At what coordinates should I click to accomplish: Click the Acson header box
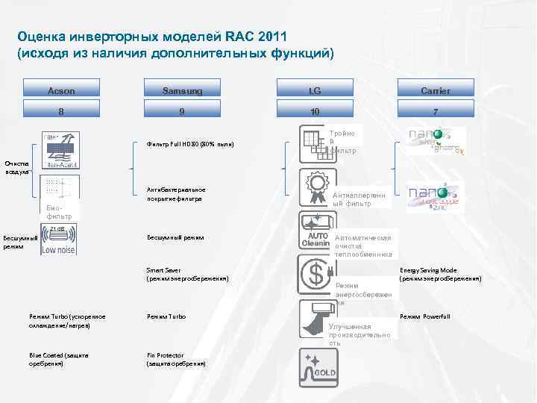[61, 90]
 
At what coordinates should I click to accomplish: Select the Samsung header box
[182, 90]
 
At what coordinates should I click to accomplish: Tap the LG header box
[315, 90]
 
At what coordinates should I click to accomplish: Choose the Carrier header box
[435, 90]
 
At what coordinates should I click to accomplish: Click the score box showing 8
[61, 111]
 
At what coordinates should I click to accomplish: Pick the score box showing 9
[182, 111]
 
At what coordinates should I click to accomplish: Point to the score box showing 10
[315, 111]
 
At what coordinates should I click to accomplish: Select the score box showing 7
[435, 111]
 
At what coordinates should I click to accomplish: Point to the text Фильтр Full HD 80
[189, 144]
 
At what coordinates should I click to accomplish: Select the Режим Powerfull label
[424, 316]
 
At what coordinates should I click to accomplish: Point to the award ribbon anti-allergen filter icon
[315, 187]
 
